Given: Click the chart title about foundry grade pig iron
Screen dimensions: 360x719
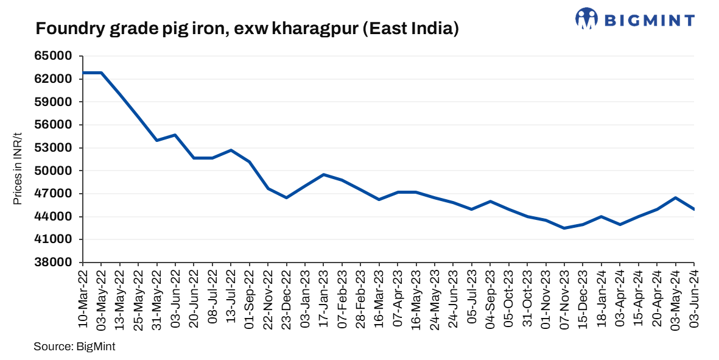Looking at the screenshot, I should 247,29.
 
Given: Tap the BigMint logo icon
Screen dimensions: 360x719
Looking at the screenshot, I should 586,18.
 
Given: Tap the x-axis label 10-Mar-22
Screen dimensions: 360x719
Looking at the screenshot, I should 83,299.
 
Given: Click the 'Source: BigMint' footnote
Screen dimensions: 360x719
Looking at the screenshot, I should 74,347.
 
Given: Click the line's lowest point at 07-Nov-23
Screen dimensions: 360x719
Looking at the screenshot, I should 565,228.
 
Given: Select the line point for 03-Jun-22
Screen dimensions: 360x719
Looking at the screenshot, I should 175,135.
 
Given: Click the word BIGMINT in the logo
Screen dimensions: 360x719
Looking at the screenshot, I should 649,20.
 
